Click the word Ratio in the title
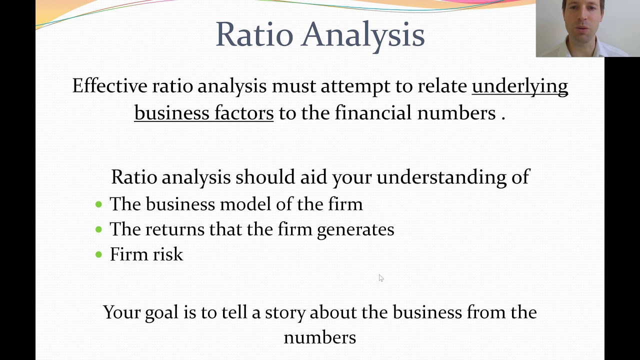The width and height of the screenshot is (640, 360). coord(254,34)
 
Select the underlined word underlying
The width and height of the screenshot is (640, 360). coord(520,86)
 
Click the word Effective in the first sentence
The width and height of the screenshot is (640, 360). coord(109,86)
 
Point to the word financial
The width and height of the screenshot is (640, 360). coord(373,113)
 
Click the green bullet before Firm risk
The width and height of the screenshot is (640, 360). coord(98,254)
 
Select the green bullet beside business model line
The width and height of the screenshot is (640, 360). coord(98,204)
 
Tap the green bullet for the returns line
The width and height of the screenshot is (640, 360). coord(98,229)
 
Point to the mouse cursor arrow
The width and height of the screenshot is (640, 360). coord(380,278)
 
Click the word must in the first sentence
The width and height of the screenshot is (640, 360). coord(293,86)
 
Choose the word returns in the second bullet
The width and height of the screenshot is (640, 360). coord(174,229)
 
